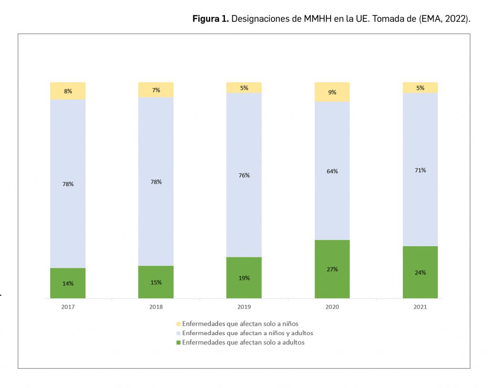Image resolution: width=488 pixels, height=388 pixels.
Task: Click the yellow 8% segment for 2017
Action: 68,90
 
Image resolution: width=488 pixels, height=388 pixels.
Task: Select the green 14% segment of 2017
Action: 68,283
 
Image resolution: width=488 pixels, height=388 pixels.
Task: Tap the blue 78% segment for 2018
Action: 156,181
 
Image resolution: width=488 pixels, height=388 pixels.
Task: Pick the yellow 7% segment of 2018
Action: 156,90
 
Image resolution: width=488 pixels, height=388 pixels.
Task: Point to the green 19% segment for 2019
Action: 244,278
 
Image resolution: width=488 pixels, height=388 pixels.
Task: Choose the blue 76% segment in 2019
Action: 244,175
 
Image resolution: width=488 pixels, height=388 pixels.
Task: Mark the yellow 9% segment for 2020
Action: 332,92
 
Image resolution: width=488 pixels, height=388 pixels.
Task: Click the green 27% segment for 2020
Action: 332,269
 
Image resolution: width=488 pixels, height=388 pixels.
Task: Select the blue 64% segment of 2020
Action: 332,171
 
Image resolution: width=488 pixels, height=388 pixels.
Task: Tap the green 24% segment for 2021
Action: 420,272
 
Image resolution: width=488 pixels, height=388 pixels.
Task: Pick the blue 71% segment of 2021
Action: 420,169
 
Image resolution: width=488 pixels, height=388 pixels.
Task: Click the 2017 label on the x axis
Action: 68,307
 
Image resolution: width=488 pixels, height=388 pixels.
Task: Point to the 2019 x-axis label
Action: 244,307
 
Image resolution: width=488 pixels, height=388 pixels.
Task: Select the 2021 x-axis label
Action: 420,307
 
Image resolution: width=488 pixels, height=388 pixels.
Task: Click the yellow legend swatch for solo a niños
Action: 179,324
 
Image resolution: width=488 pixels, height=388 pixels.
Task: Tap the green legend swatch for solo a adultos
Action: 179,342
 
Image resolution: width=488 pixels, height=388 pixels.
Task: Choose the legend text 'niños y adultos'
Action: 289,333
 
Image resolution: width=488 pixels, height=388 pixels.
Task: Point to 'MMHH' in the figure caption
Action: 315,19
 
